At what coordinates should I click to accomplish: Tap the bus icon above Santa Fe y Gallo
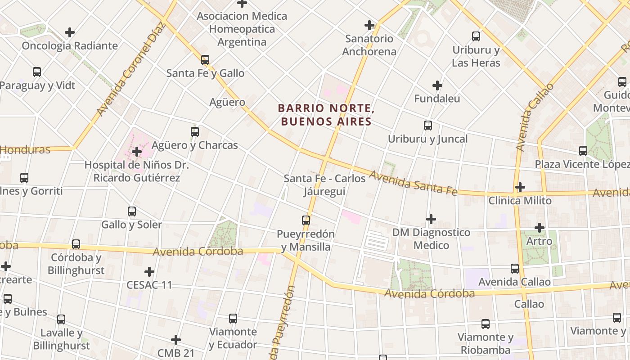tap(205, 59)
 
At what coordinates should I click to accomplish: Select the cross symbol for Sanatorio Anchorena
tap(369, 25)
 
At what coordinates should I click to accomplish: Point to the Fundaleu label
tap(437, 99)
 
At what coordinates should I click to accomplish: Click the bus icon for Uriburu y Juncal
tap(428, 126)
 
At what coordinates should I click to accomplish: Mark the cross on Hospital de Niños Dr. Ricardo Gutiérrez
tap(137, 152)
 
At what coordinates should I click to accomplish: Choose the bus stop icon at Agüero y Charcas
tap(195, 132)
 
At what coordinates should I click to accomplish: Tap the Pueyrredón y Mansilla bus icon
tap(306, 220)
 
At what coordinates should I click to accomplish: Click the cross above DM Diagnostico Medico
tap(431, 219)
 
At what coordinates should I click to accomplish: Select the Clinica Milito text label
tap(520, 201)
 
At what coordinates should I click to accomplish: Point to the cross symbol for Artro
tap(540, 228)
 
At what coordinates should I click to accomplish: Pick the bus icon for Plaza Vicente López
tap(583, 151)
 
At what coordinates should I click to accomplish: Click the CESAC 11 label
tap(149, 285)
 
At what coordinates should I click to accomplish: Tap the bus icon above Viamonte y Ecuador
tap(233, 319)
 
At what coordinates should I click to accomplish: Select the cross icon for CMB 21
tap(176, 340)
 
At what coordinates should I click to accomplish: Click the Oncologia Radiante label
tap(70, 46)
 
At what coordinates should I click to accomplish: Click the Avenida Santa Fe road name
tap(413, 183)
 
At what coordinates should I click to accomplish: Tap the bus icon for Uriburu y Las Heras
tap(476, 36)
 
